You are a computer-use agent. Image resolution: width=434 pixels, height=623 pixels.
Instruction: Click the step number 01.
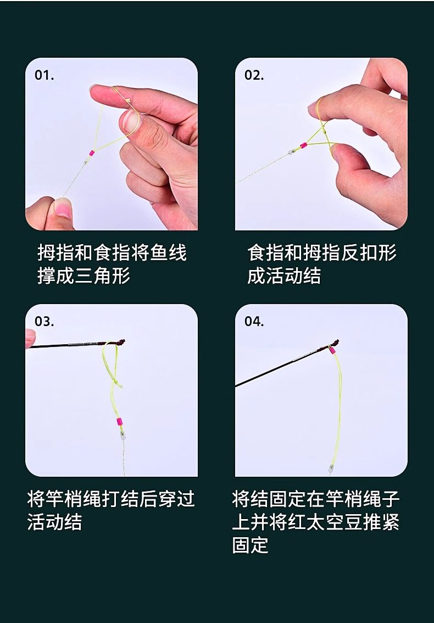click(44, 75)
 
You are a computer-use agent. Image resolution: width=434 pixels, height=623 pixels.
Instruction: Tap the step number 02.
click(254, 75)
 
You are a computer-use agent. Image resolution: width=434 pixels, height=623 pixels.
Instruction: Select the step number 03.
click(44, 321)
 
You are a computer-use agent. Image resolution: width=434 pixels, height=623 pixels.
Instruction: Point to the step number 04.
click(254, 321)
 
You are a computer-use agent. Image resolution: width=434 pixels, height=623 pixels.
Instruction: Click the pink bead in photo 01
click(92, 153)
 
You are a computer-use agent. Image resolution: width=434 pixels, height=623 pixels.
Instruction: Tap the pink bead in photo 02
click(303, 145)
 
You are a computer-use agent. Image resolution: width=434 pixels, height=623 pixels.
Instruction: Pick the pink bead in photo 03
click(119, 422)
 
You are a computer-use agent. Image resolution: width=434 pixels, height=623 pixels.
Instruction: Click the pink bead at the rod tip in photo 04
click(332, 350)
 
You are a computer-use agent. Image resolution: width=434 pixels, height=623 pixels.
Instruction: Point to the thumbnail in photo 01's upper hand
click(130, 120)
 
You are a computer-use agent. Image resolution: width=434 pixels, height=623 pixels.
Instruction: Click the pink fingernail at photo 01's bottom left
click(62, 207)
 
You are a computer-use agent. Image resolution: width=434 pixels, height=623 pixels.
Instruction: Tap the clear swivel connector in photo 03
click(123, 434)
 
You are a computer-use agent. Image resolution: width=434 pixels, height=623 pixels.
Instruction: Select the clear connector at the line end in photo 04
click(330, 468)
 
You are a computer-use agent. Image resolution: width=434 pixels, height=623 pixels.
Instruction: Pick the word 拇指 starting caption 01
click(55, 253)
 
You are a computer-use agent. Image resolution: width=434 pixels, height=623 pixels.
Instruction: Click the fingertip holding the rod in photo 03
click(30, 339)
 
